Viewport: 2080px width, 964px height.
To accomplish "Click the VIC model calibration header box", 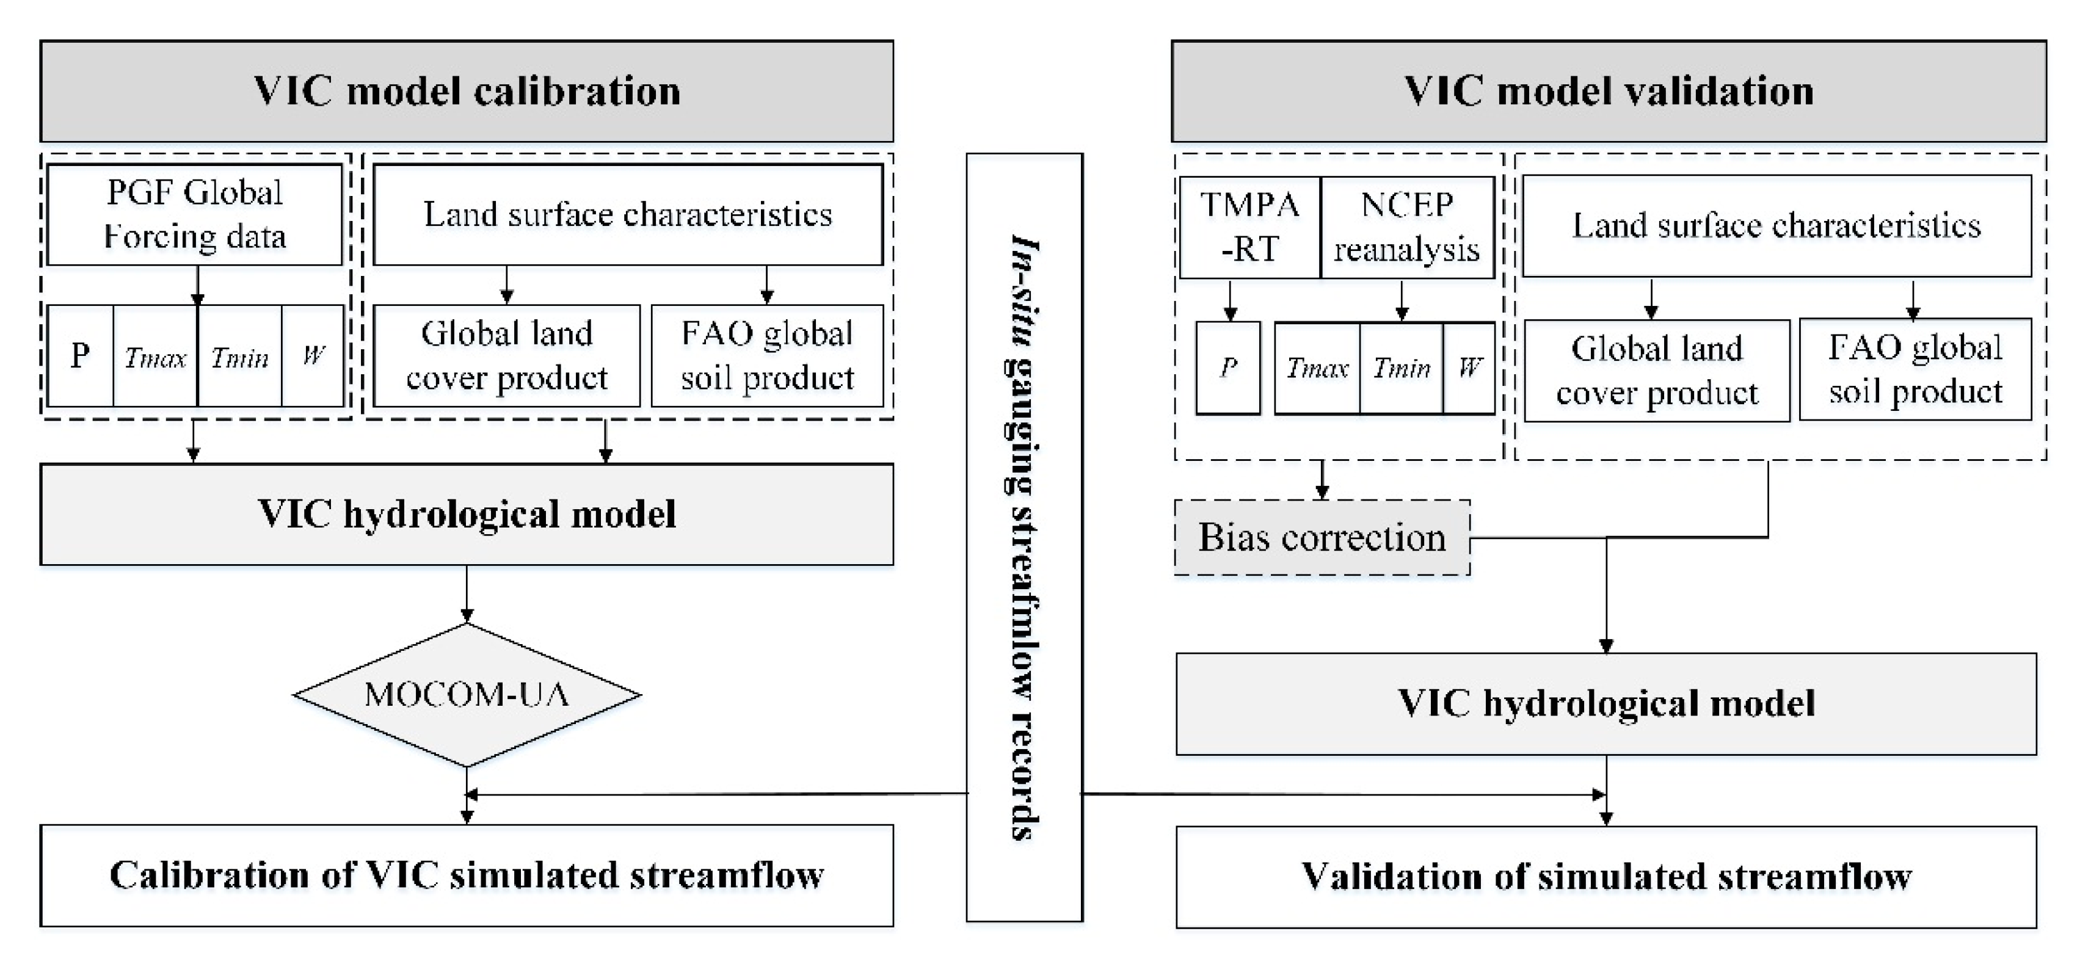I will point(467,91).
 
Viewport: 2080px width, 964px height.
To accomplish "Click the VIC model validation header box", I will point(1609,91).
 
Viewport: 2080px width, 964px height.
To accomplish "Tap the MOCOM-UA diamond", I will point(467,694).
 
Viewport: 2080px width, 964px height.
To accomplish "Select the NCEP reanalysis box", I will point(1406,228).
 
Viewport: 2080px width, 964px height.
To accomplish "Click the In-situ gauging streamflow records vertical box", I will point(1024,537).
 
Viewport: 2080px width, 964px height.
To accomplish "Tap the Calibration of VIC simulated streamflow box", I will point(467,875).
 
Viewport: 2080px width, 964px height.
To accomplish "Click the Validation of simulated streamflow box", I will point(1605,877).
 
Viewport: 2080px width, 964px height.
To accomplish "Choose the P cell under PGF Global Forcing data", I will point(80,356).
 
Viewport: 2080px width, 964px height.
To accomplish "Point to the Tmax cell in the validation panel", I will point(1317,369).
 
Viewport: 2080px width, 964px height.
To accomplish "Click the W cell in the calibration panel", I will point(313,356).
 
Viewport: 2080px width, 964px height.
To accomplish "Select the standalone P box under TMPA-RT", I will point(1227,368).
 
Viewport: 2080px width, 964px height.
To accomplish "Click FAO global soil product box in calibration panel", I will point(767,356).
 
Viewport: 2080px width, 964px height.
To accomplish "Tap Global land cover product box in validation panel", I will point(1656,371).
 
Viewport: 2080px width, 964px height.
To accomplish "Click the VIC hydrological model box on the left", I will point(467,514).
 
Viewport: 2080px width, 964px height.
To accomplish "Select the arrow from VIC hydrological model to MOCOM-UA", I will point(467,594).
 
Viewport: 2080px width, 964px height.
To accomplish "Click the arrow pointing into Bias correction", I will point(1322,481).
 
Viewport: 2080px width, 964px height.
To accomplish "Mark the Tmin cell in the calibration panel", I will point(240,356).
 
